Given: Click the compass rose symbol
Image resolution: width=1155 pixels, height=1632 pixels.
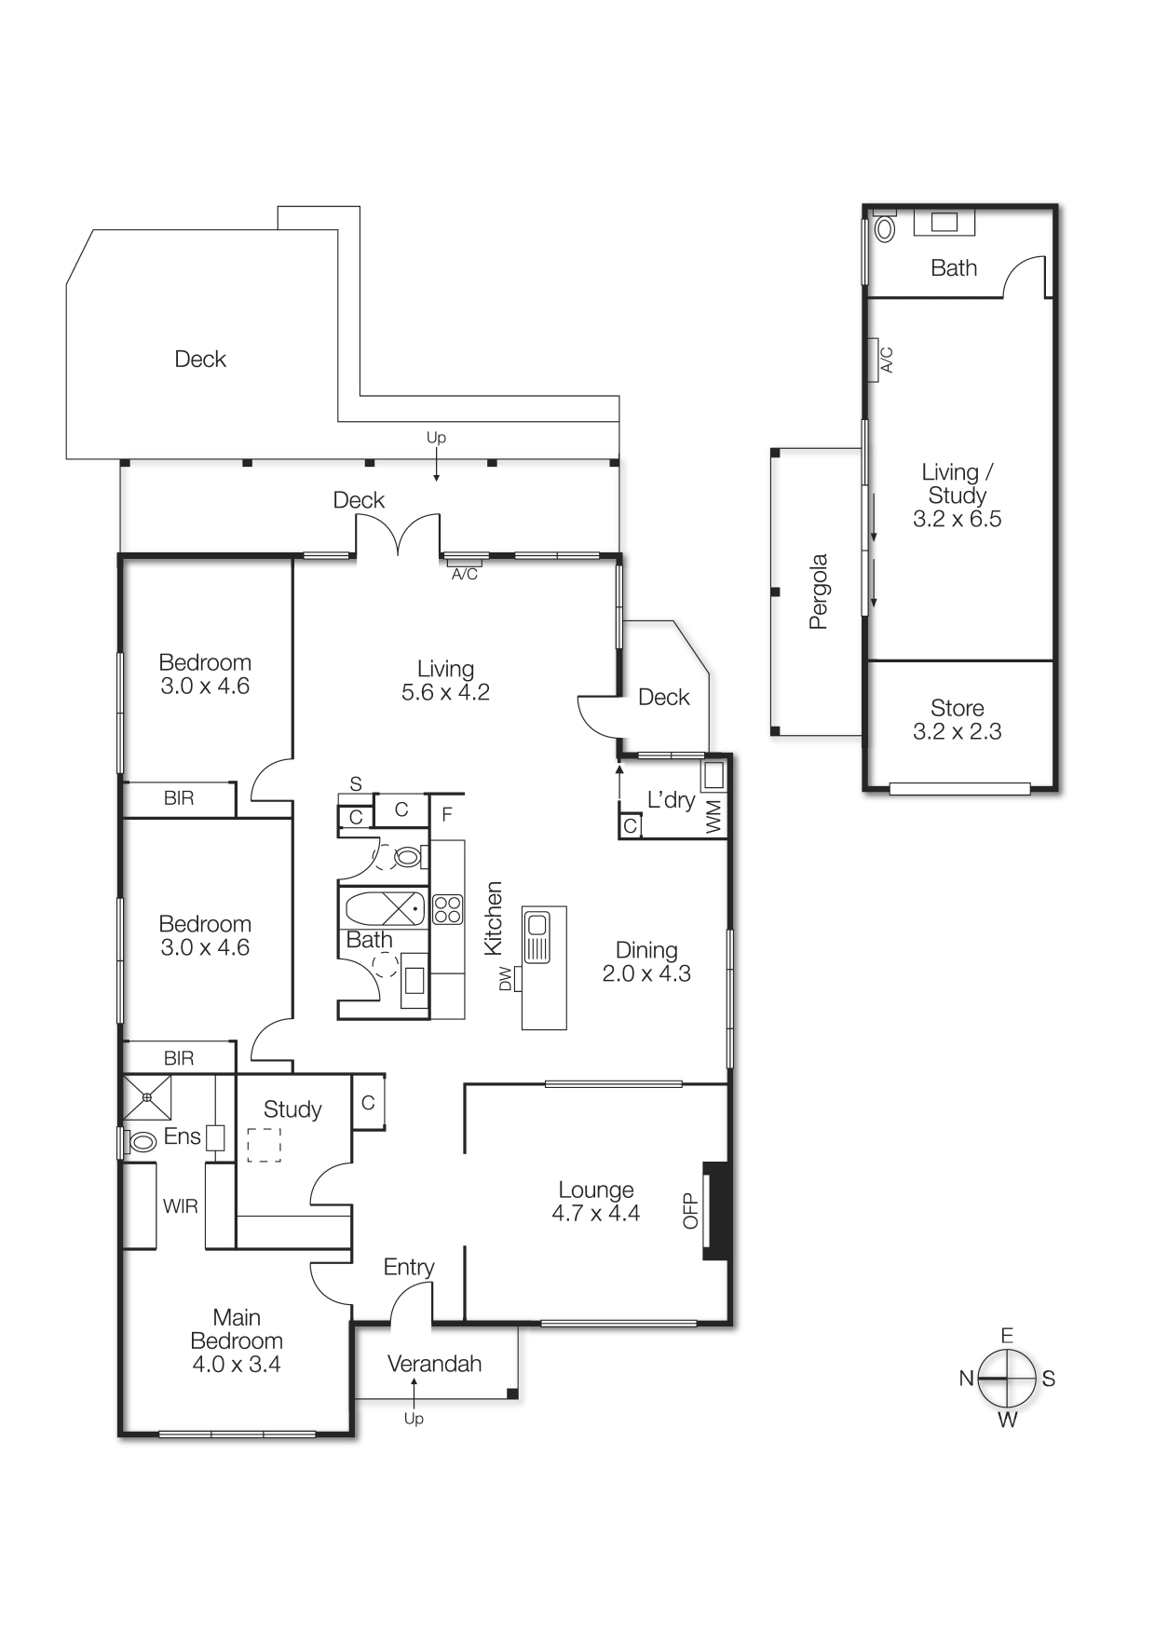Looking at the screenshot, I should pyautogui.click(x=1007, y=1378).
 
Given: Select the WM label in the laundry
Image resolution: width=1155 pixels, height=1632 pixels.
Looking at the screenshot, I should pyautogui.click(x=713, y=817).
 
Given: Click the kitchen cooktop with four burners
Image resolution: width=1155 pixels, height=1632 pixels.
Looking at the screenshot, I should pyautogui.click(x=447, y=909).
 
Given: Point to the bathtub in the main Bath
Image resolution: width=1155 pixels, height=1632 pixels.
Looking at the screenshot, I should pyautogui.click(x=384, y=907).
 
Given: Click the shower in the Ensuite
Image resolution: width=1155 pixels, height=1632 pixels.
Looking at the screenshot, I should pyautogui.click(x=147, y=1097).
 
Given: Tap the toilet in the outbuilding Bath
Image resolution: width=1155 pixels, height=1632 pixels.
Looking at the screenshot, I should pyautogui.click(x=884, y=228).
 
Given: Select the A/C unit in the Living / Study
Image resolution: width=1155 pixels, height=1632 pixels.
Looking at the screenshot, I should pyautogui.click(x=876, y=360).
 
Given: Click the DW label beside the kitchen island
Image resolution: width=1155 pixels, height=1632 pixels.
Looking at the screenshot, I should pyautogui.click(x=506, y=979).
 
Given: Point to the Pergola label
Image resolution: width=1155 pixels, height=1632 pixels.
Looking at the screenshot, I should pyautogui.click(x=818, y=592).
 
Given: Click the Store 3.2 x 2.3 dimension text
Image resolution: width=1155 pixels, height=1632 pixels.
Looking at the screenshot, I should pyautogui.click(x=957, y=732).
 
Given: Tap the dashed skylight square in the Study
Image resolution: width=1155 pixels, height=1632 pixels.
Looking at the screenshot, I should pyautogui.click(x=265, y=1145).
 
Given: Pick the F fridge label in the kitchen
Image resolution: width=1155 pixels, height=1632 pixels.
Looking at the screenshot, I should pyautogui.click(x=447, y=815).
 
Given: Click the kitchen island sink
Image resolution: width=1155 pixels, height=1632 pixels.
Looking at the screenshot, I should pyautogui.click(x=537, y=925).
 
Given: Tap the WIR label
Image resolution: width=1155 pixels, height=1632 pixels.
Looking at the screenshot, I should pyautogui.click(x=180, y=1206).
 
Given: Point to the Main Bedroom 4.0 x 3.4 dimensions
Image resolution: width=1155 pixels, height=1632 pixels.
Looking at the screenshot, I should pyautogui.click(x=237, y=1365).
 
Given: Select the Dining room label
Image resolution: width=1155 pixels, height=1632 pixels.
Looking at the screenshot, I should pyautogui.click(x=646, y=950).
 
